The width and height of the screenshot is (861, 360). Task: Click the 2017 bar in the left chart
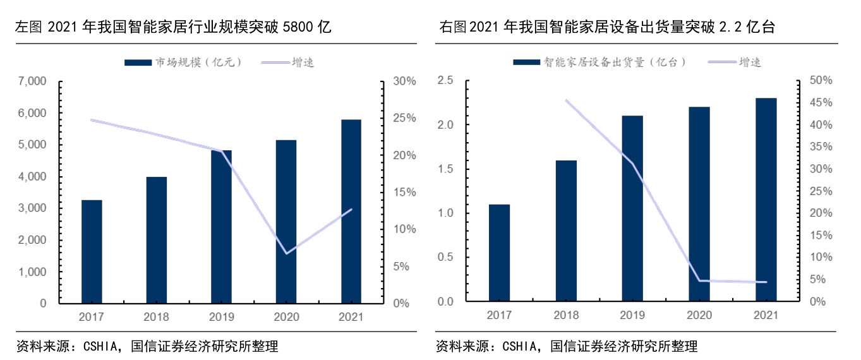(x=92, y=251)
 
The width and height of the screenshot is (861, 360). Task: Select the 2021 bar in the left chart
(x=351, y=212)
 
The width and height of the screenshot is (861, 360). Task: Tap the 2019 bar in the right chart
(x=632, y=208)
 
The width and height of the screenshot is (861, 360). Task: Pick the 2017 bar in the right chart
(x=499, y=253)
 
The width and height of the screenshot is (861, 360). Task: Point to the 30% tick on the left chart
(x=404, y=81)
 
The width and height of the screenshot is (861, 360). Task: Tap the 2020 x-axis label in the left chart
(x=286, y=315)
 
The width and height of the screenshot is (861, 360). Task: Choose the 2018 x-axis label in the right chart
(x=566, y=314)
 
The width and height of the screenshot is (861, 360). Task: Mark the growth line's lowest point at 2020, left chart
(x=287, y=253)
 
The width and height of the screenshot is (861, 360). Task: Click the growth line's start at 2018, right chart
(x=567, y=100)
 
